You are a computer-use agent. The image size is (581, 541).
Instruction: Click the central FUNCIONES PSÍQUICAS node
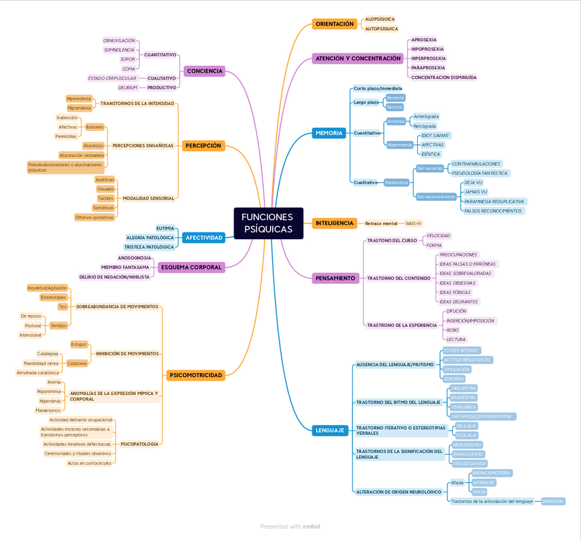(x=268, y=223)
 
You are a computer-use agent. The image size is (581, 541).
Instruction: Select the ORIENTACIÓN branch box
(x=334, y=24)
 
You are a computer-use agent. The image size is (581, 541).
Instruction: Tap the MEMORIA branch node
(x=328, y=133)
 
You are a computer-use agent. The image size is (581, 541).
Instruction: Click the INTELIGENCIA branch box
(x=334, y=223)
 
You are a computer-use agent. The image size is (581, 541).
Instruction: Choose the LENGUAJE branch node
(x=330, y=431)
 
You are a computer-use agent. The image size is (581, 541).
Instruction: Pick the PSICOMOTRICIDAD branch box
(x=195, y=375)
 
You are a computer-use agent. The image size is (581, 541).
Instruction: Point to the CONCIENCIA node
(x=204, y=71)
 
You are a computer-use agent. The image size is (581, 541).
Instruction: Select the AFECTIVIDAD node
(x=203, y=238)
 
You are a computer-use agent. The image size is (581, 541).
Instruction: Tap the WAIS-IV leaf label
(x=414, y=224)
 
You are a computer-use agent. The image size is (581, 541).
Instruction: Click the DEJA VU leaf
(x=473, y=183)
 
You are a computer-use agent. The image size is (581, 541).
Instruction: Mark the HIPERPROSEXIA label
(x=428, y=58)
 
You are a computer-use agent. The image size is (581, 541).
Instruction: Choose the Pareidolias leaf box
(x=66, y=136)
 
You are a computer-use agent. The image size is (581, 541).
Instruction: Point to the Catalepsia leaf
(x=47, y=354)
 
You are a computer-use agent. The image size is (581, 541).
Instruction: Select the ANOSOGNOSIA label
(x=134, y=258)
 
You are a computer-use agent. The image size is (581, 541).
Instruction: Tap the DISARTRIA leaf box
(x=553, y=501)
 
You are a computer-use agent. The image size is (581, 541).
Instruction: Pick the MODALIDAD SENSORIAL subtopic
(x=148, y=198)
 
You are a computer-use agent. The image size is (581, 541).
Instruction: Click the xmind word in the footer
(x=311, y=527)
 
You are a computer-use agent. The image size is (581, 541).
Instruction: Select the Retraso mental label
(x=381, y=224)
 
